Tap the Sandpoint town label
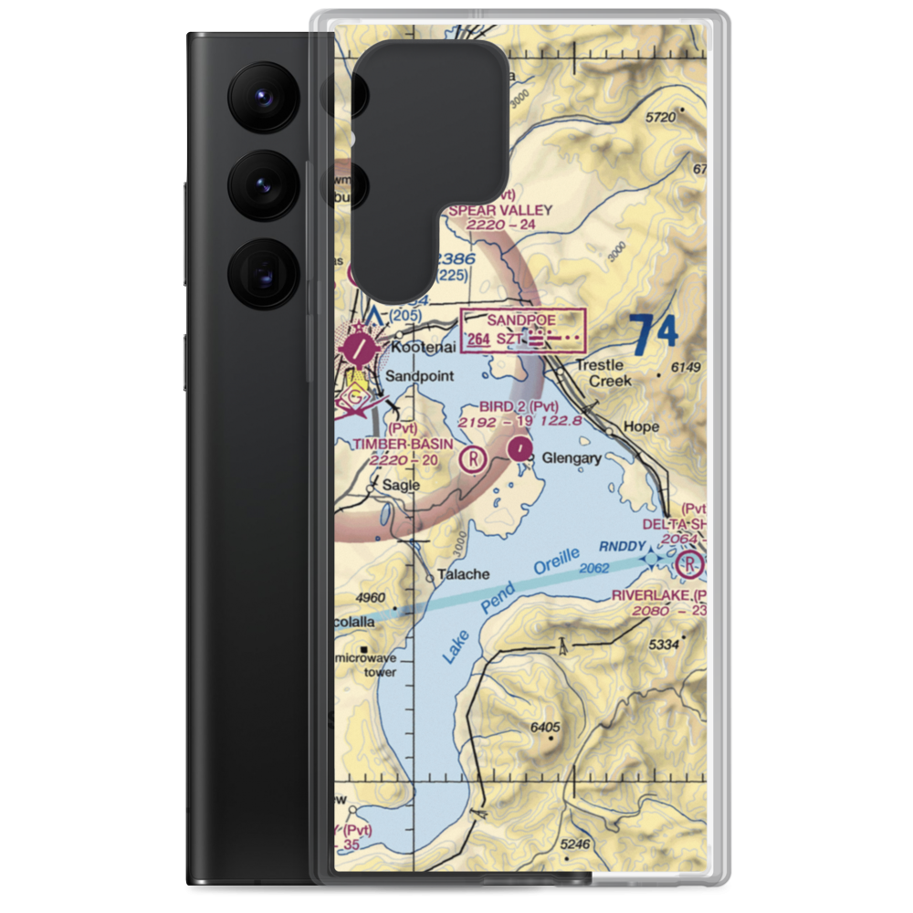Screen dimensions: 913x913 418,376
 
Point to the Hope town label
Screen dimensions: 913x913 640,426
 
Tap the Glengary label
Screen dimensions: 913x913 571,458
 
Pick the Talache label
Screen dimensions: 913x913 464,574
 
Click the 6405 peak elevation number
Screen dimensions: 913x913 545,727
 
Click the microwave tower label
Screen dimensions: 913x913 367,665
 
